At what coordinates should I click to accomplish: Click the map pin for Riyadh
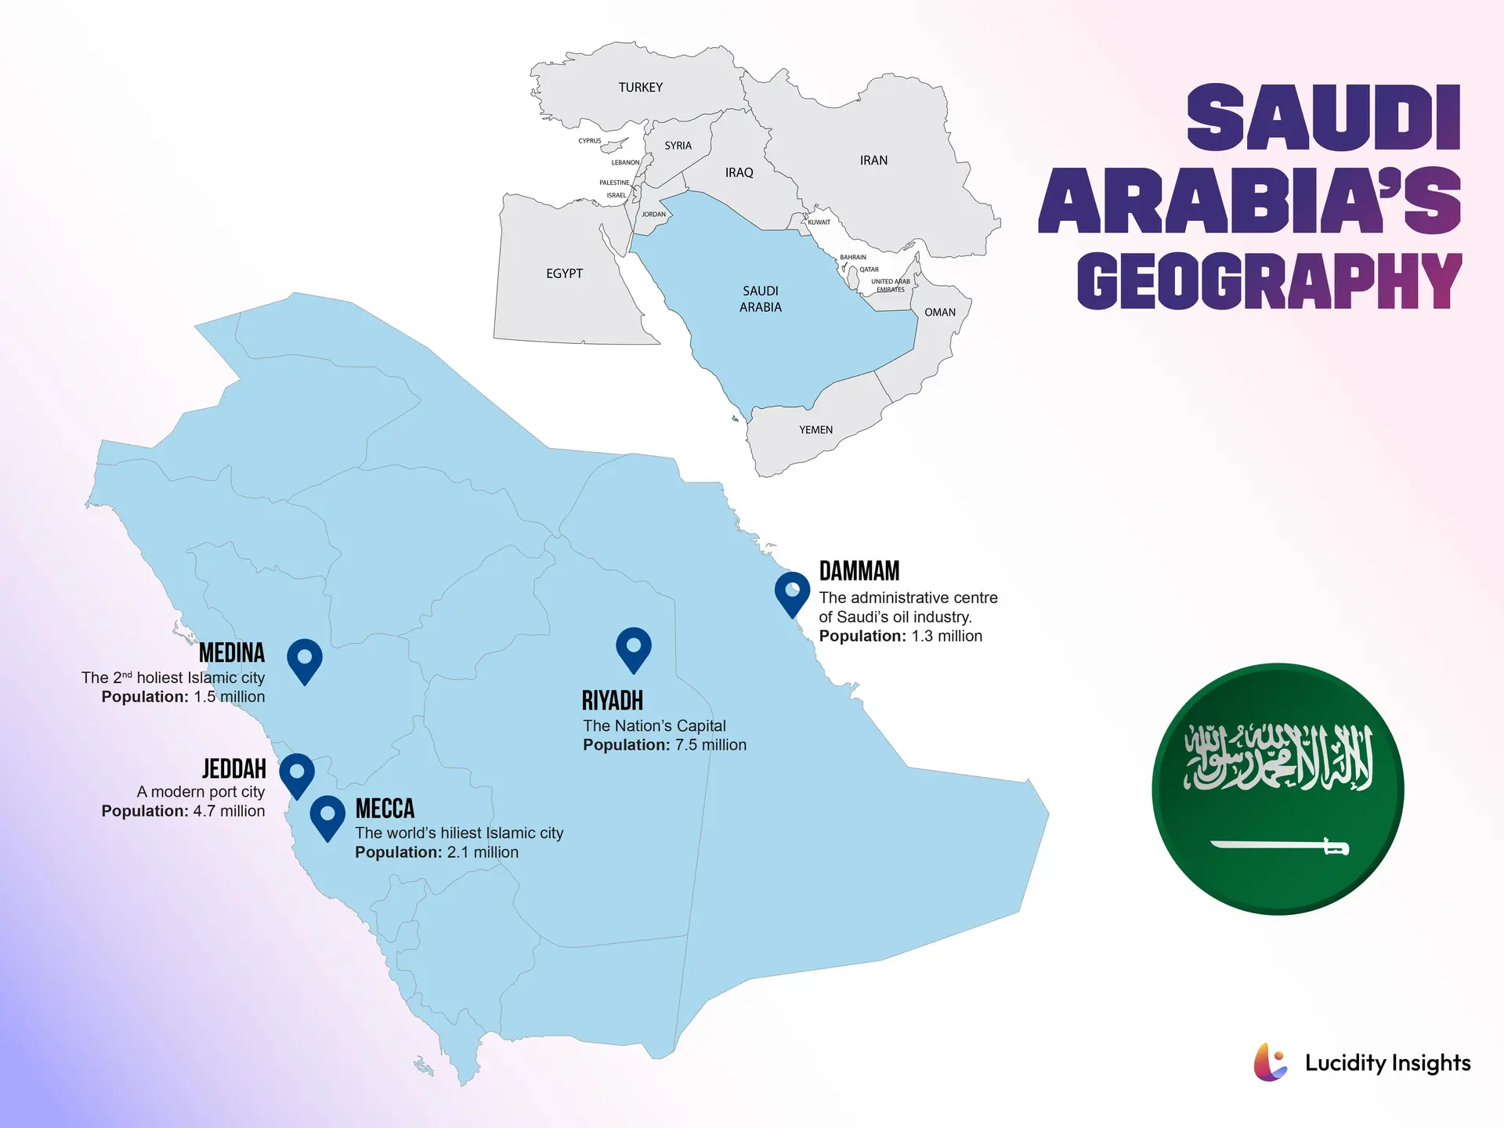634,647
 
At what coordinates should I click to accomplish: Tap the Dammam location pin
792,591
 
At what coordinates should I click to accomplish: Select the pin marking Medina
305,658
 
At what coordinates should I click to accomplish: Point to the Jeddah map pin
297,772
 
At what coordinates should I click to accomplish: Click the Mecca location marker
327,815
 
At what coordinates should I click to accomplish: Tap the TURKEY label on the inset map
640,88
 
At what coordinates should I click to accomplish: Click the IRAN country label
873,161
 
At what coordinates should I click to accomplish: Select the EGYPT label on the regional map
564,273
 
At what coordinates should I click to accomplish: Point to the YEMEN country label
815,430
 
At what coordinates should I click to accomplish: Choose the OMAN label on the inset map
939,313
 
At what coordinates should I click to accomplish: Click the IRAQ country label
739,173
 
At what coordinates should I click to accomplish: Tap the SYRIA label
678,146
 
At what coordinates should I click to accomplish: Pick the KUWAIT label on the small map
819,222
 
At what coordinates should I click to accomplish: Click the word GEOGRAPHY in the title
1268,280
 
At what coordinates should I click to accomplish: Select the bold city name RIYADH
612,700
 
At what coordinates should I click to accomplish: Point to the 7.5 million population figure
710,745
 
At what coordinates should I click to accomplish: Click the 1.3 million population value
946,636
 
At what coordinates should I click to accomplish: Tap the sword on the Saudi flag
1278,846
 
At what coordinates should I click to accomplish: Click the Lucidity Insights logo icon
1270,1062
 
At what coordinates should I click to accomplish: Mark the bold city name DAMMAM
859,571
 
